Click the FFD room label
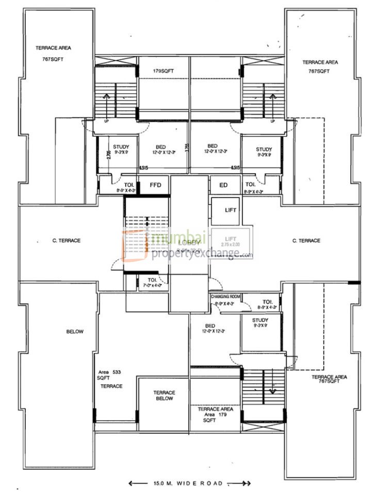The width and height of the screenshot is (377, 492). coord(155,185)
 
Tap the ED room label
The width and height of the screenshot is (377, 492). coord(223,185)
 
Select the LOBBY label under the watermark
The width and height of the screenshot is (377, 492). coord(188,242)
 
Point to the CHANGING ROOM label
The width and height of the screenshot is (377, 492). coord(225,297)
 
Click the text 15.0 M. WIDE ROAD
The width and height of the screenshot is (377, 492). coord(189,483)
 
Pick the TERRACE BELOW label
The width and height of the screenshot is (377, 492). coord(164,396)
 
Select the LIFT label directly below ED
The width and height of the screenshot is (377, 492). coord(231,210)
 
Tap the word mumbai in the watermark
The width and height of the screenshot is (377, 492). coord(177,238)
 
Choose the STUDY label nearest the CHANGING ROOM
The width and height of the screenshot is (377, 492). coord(260,323)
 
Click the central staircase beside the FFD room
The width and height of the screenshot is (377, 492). coord(146,227)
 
